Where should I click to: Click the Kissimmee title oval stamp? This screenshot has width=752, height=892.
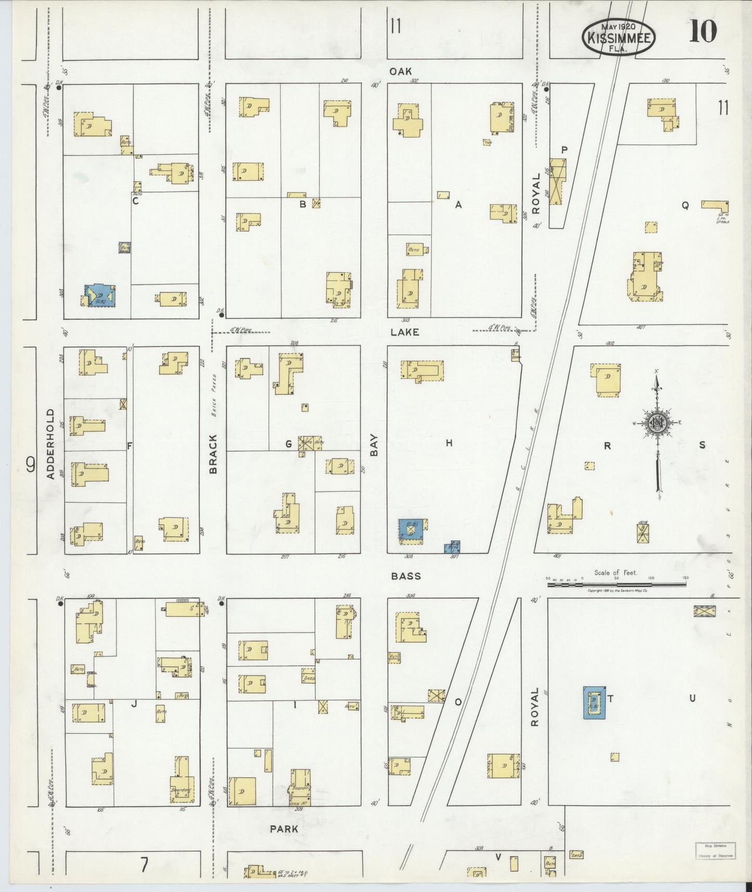(619, 37)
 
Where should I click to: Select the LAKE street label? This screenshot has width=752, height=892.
(405, 332)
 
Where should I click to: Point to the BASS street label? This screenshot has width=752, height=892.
(406, 576)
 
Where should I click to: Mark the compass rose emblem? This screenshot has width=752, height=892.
(657, 423)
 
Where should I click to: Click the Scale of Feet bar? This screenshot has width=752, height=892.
(616, 584)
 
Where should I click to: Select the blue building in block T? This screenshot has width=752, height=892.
(594, 703)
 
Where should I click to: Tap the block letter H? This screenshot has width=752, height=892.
(449, 443)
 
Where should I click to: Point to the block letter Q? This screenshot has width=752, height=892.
(685, 206)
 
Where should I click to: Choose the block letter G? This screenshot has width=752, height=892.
(288, 444)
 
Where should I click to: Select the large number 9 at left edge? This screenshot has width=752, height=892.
(31, 464)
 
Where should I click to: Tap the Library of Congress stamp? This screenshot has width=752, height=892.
(716, 850)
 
